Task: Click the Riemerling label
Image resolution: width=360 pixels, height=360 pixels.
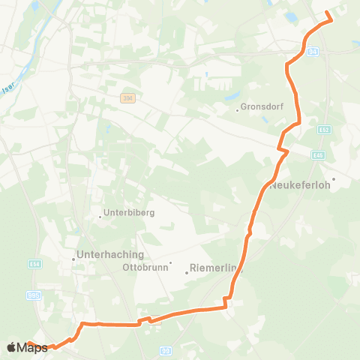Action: [217, 268]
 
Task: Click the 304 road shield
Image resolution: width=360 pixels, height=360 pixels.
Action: [126, 98]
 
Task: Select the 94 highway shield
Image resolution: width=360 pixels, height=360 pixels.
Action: [313, 51]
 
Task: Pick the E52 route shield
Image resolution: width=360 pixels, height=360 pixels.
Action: [323, 130]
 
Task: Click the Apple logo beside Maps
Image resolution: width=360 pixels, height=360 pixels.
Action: [11, 347]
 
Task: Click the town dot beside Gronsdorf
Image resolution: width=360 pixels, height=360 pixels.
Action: [237, 110]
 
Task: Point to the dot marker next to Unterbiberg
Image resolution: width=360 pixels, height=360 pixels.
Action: [100, 217]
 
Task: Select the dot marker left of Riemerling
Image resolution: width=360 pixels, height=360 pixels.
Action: [187, 272]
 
